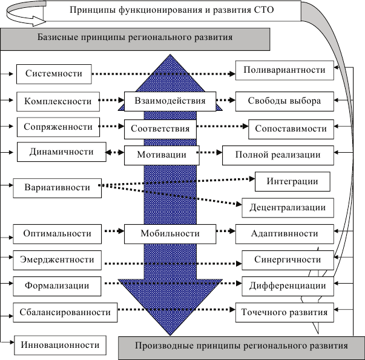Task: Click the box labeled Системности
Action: point(53,74)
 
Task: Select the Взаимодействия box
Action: point(170,101)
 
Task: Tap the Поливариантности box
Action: point(284,70)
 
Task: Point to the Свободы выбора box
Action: point(284,101)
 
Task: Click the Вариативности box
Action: point(56,187)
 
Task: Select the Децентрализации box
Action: point(288,207)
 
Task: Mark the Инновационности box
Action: point(61,345)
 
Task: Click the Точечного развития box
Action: point(284,313)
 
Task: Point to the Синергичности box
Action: point(288,260)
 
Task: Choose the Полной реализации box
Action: point(278,155)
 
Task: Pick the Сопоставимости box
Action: point(291,128)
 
